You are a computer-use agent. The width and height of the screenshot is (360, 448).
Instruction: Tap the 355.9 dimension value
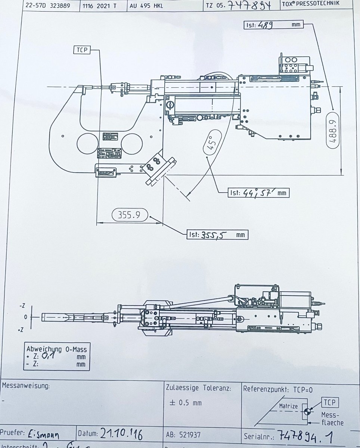(129, 215)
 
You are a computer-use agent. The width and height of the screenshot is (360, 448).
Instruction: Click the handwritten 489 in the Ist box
(264, 25)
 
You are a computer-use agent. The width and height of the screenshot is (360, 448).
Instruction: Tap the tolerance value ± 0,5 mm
(186, 403)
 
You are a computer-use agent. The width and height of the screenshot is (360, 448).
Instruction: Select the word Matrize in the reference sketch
(288, 406)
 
